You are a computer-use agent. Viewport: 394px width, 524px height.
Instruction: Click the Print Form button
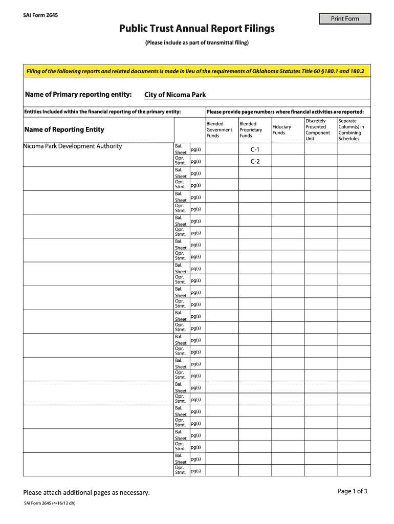pyautogui.click(x=345, y=19)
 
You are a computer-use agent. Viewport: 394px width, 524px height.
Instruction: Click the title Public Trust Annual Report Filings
pyautogui.click(x=197, y=29)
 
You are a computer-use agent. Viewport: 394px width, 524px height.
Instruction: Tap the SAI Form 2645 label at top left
pyautogui.click(x=40, y=15)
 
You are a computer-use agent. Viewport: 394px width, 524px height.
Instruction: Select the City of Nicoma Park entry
pyautogui.click(x=175, y=95)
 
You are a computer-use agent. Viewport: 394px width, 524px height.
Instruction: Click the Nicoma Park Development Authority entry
pyautogui.click(x=73, y=146)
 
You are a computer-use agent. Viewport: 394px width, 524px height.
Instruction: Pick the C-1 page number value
pyautogui.click(x=255, y=149)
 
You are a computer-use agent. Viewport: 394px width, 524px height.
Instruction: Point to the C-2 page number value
pyautogui.click(x=255, y=162)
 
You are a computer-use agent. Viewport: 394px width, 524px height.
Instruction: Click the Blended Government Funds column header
pyautogui.click(x=219, y=130)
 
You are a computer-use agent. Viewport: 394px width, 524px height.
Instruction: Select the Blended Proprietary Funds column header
pyautogui.click(x=251, y=130)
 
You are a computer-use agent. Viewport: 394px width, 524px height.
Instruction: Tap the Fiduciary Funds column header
pyautogui.click(x=282, y=130)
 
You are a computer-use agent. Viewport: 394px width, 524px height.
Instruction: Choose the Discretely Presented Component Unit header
pyautogui.click(x=318, y=130)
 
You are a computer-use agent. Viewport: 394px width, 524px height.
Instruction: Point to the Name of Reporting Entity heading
pyautogui.click(x=64, y=130)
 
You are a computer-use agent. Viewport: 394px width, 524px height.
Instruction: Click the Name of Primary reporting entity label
pyautogui.click(x=78, y=95)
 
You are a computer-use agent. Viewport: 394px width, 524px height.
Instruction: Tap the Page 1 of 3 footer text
pyautogui.click(x=353, y=491)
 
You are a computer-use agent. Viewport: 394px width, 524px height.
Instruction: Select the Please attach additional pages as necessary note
pyautogui.click(x=86, y=493)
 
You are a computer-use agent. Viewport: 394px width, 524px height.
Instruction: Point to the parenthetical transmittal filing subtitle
pyautogui.click(x=197, y=43)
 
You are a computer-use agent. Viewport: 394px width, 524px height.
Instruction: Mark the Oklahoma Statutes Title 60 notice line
pyautogui.click(x=195, y=71)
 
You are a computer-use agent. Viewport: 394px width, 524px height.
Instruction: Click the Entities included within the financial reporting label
pyautogui.click(x=102, y=112)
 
